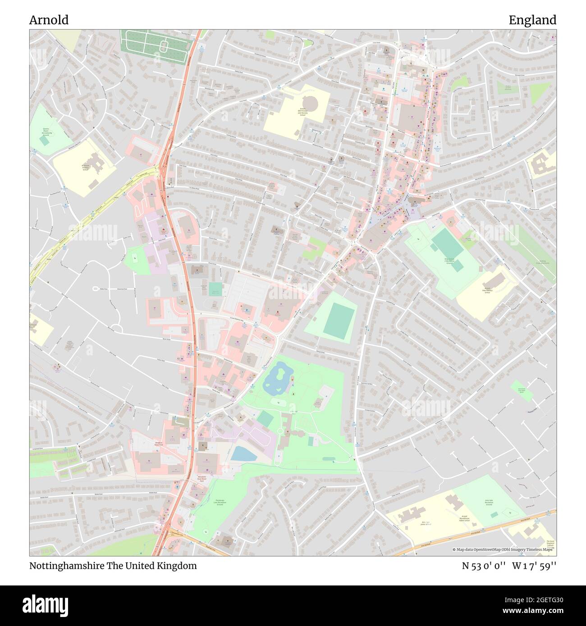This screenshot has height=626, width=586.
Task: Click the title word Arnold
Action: (49, 20)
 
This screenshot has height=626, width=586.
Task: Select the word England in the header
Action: (532, 20)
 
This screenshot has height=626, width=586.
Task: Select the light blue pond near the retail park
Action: (244, 454)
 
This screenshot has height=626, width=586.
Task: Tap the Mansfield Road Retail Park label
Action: (201, 479)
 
